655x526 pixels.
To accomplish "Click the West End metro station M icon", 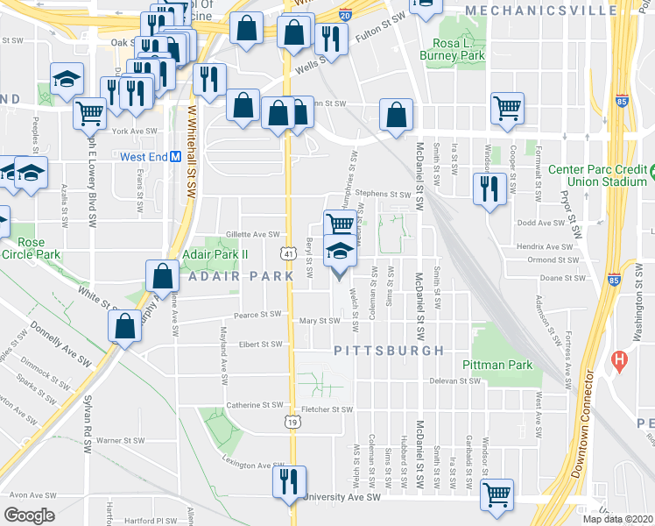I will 175,157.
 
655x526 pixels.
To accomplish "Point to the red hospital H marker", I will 621,359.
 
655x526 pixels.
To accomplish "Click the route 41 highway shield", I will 288,253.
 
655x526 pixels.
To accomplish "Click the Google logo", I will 29,515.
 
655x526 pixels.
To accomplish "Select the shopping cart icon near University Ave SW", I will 497,493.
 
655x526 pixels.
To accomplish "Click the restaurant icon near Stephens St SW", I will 488,187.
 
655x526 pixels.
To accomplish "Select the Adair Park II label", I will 215,254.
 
